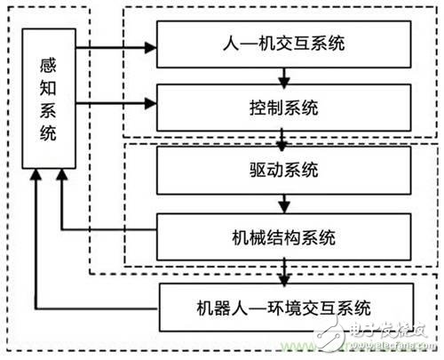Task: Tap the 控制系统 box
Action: (x=283, y=109)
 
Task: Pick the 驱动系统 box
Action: (x=283, y=169)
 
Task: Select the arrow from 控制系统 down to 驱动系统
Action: (x=282, y=140)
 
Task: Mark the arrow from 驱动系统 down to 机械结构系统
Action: (x=282, y=204)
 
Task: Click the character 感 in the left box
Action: (x=51, y=67)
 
